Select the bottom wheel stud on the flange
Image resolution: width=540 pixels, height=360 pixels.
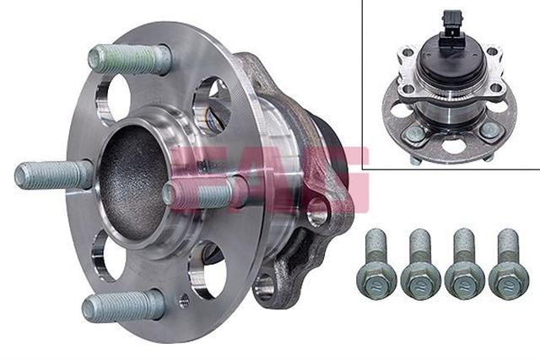pos(122,305)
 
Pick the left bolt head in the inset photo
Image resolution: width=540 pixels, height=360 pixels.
pos(415,133)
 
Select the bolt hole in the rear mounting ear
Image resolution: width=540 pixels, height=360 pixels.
pos(318,212)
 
